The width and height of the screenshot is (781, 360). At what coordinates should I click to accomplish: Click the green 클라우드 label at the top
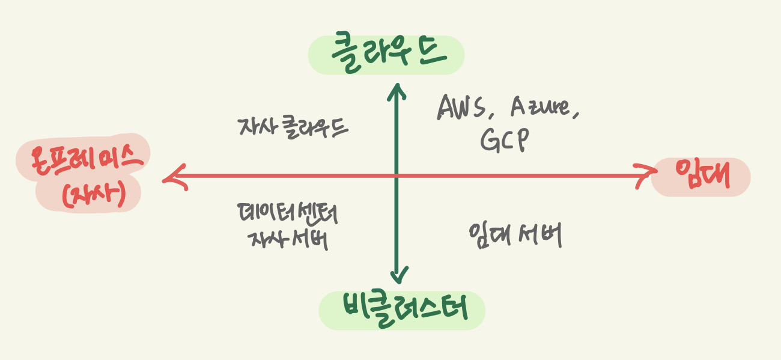(x=387, y=54)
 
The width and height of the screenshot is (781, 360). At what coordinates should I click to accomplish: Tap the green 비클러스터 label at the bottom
(x=401, y=310)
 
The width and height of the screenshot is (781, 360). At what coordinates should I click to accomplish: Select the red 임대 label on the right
(x=701, y=176)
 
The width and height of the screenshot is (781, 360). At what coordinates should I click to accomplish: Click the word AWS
(x=461, y=108)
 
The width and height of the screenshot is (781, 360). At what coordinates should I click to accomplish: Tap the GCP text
(x=504, y=141)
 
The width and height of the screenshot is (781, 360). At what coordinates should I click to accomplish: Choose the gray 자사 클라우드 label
(x=292, y=127)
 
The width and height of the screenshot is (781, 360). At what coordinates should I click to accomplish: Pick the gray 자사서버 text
(x=287, y=239)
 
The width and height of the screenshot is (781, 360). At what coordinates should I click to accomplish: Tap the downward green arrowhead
(x=397, y=278)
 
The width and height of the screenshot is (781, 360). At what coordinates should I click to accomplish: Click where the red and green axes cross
(x=397, y=176)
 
